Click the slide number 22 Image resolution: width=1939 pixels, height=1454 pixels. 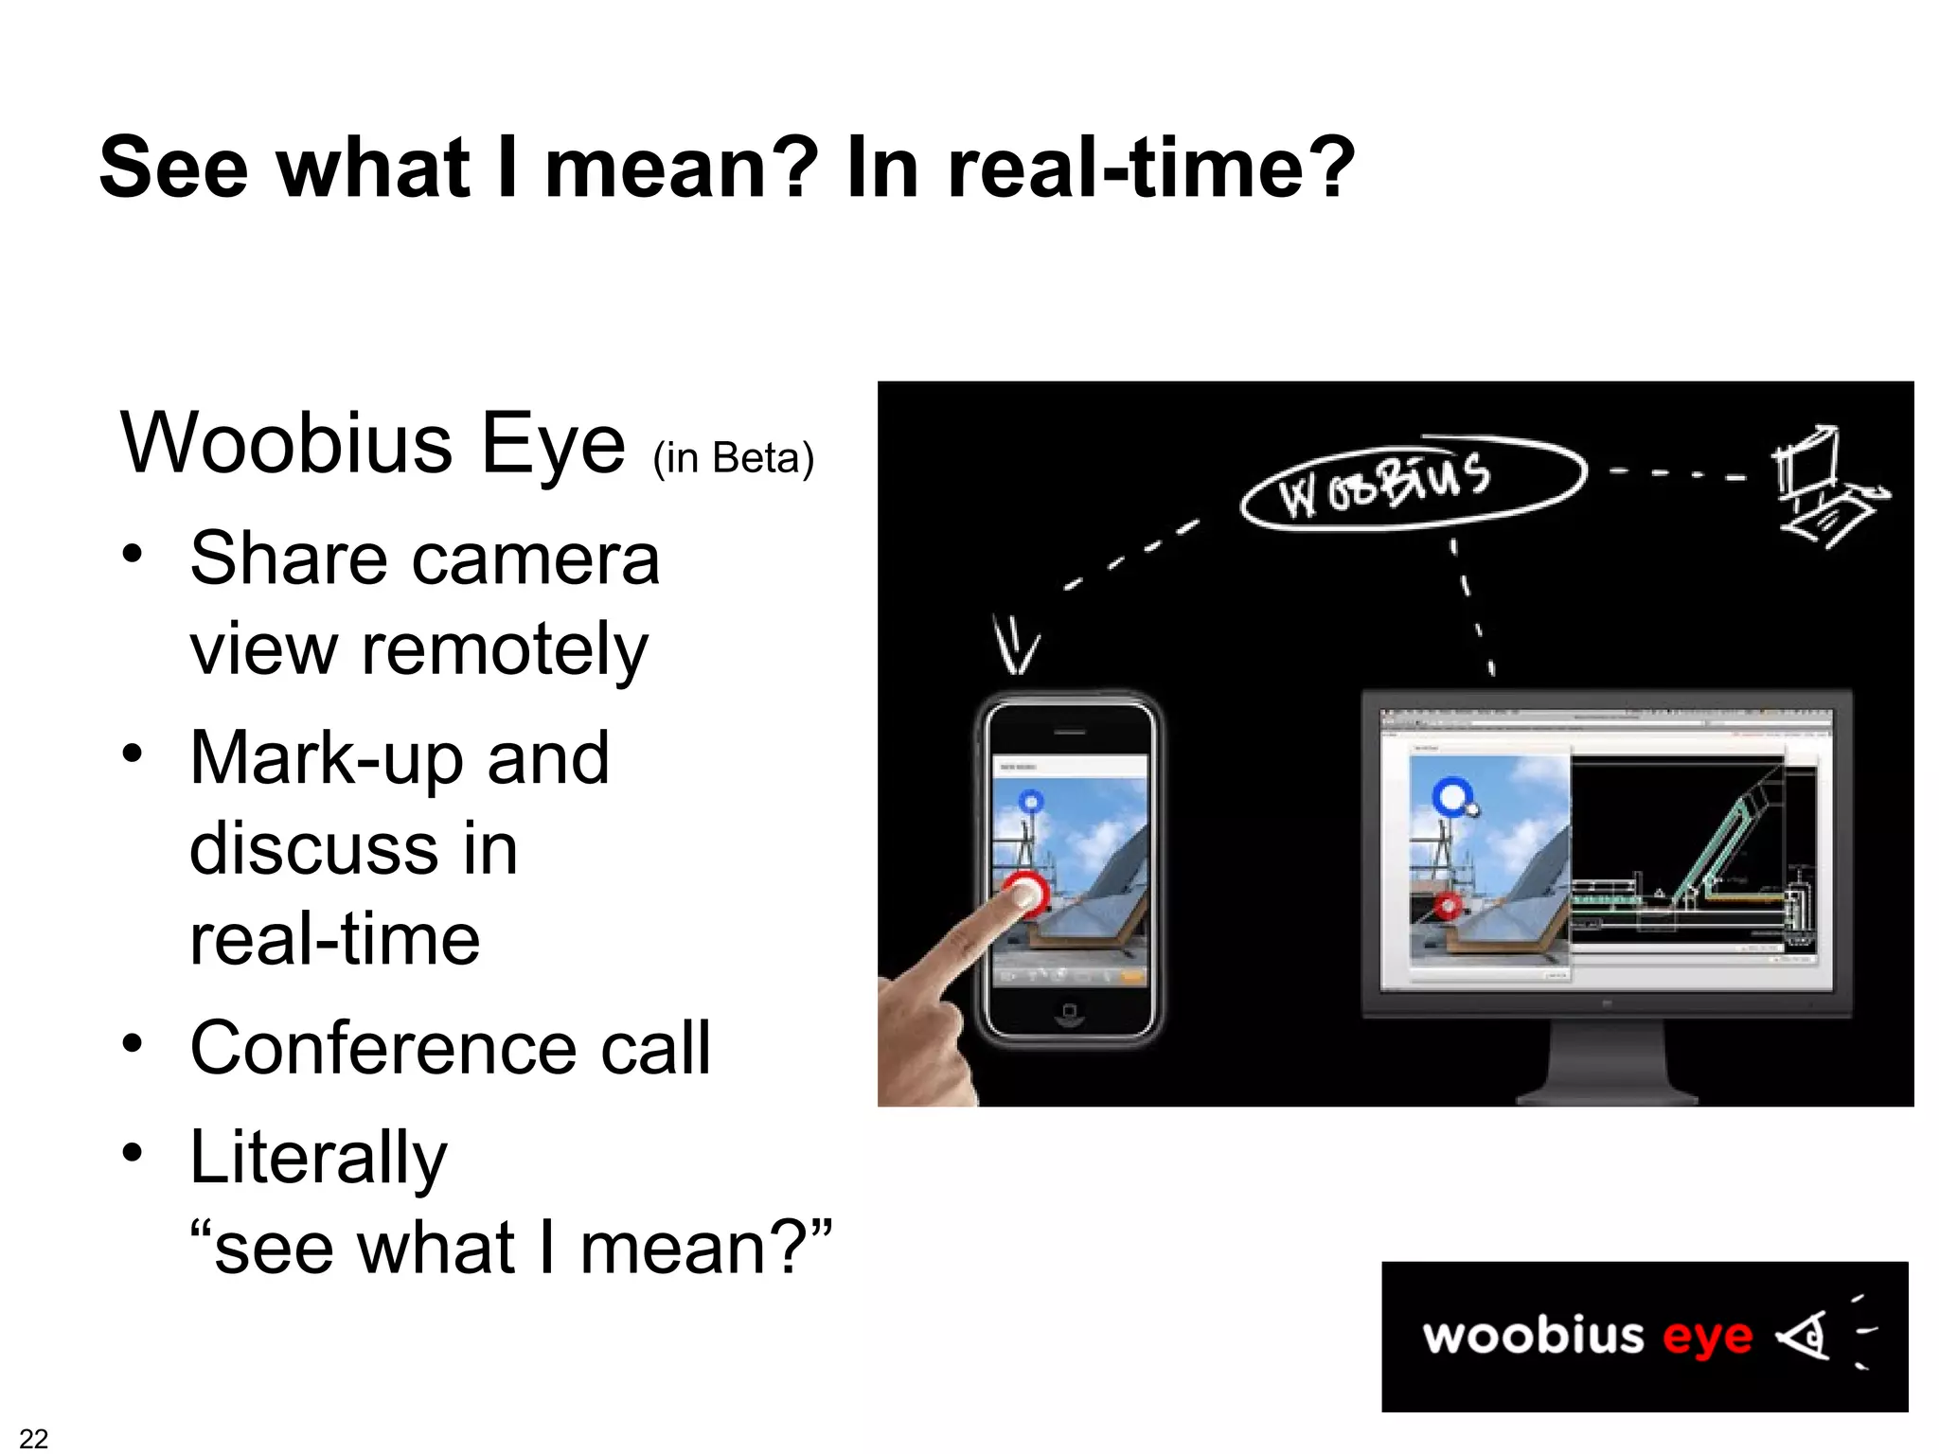tap(33, 1438)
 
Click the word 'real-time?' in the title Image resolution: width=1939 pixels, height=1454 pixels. tap(1151, 168)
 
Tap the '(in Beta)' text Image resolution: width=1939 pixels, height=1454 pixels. tap(733, 458)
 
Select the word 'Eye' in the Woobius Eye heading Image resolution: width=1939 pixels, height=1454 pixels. tap(553, 444)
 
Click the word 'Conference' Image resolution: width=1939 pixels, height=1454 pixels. tap(382, 1048)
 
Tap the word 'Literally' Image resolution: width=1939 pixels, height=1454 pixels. tap(318, 1157)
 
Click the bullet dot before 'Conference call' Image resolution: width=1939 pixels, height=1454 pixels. tap(133, 1044)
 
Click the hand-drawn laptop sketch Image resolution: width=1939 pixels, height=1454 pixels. tap(1825, 488)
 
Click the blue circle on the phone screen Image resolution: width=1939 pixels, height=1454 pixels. tap(1031, 803)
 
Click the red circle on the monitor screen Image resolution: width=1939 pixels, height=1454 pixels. tap(1448, 905)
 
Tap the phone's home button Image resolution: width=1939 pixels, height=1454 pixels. tap(1069, 1012)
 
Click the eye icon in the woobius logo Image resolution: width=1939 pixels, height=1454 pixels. tap(1804, 1336)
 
